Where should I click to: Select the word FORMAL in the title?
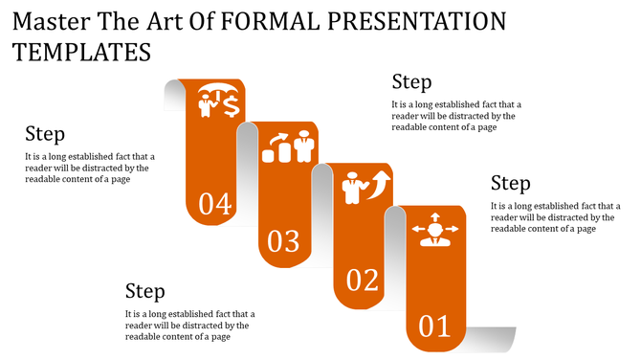click(278, 21)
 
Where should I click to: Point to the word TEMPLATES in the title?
click(82, 52)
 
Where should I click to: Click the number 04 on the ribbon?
click(215, 204)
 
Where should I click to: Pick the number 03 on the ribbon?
click(283, 241)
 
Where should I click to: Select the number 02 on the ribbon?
click(363, 281)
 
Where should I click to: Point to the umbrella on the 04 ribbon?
click(211, 94)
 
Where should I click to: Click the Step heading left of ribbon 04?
click(45, 134)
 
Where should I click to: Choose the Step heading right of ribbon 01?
click(510, 183)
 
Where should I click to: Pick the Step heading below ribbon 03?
click(145, 291)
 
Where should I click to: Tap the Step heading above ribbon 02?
click(411, 81)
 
